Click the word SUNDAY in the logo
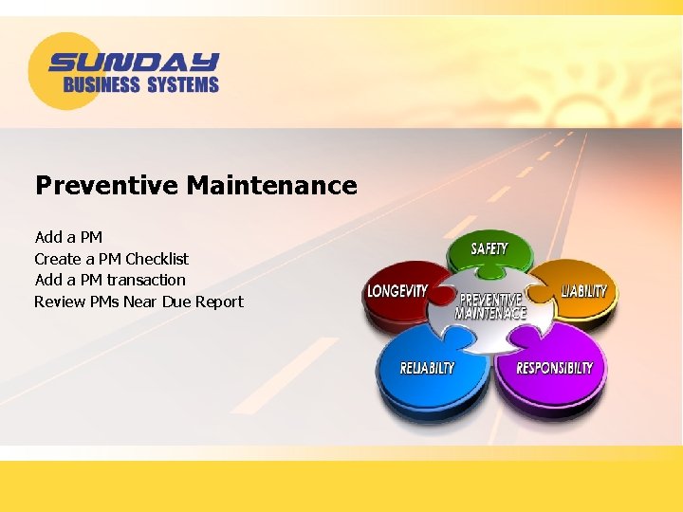point(134,63)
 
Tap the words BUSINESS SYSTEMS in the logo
point(140,85)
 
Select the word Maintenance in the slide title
point(271,185)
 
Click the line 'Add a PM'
point(68,237)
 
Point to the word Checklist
point(157,259)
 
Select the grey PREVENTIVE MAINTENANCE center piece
point(490,305)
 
